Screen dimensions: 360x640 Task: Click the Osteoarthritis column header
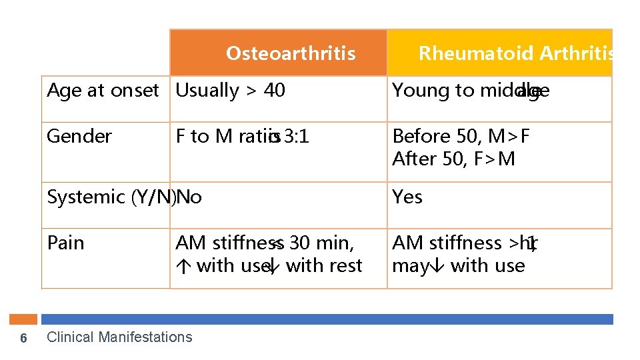pyautogui.click(x=291, y=53)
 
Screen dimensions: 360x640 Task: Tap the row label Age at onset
pyautogui.click(x=103, y=91)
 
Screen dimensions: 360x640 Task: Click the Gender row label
pyautogui.click(x=79, y=136)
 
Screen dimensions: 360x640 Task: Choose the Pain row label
pyautogui.click(x=66, y=243)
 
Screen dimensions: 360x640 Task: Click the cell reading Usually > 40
pyautogui.click(x=230, y=91)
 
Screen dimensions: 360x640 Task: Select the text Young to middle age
pyautogui.click(x=471, y=91)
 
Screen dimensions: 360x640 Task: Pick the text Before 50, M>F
pyautogui.click(x=461, y=136)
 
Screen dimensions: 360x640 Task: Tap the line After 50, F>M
pyautogui.click(x=453, y=159)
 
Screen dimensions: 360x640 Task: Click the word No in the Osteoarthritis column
pyautogui.click(x=190, y=197)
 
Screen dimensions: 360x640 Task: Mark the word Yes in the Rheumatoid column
pyautogui.click(x=407, y=197)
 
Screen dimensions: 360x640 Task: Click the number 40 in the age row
pyautogui.click(x=274, y=91)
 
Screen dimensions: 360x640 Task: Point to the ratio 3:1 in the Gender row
pyautogui.click(x=297, y=136)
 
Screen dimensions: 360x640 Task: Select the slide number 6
pyautogui.click(x=23, y=338)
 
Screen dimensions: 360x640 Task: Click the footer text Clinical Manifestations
pyautogui.click(x=119, y=337)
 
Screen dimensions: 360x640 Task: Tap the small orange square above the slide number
pyautogui.click(x=27, y=319)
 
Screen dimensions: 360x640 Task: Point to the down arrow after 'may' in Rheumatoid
pyautogui.click(x=438, y=266)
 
